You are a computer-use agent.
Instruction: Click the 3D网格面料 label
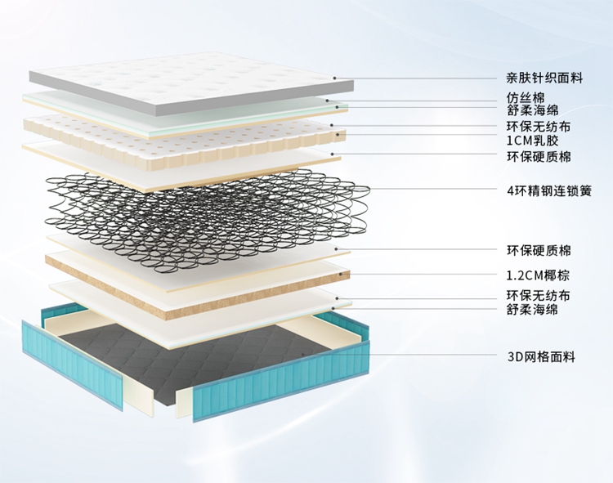[x=541, y=356]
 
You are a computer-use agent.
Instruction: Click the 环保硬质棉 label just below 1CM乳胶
[x=539, y=156]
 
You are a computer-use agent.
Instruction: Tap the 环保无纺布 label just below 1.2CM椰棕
[x=539, y=295]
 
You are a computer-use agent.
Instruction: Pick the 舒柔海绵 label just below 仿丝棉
[x=531, y=111]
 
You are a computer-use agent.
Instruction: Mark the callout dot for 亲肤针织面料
[x=335, y=79]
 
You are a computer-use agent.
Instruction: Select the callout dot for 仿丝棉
[x=328, y=100]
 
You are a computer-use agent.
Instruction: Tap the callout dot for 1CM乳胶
[x=332, y=136]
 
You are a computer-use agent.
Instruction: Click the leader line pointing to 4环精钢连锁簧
[x=433, y=191]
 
